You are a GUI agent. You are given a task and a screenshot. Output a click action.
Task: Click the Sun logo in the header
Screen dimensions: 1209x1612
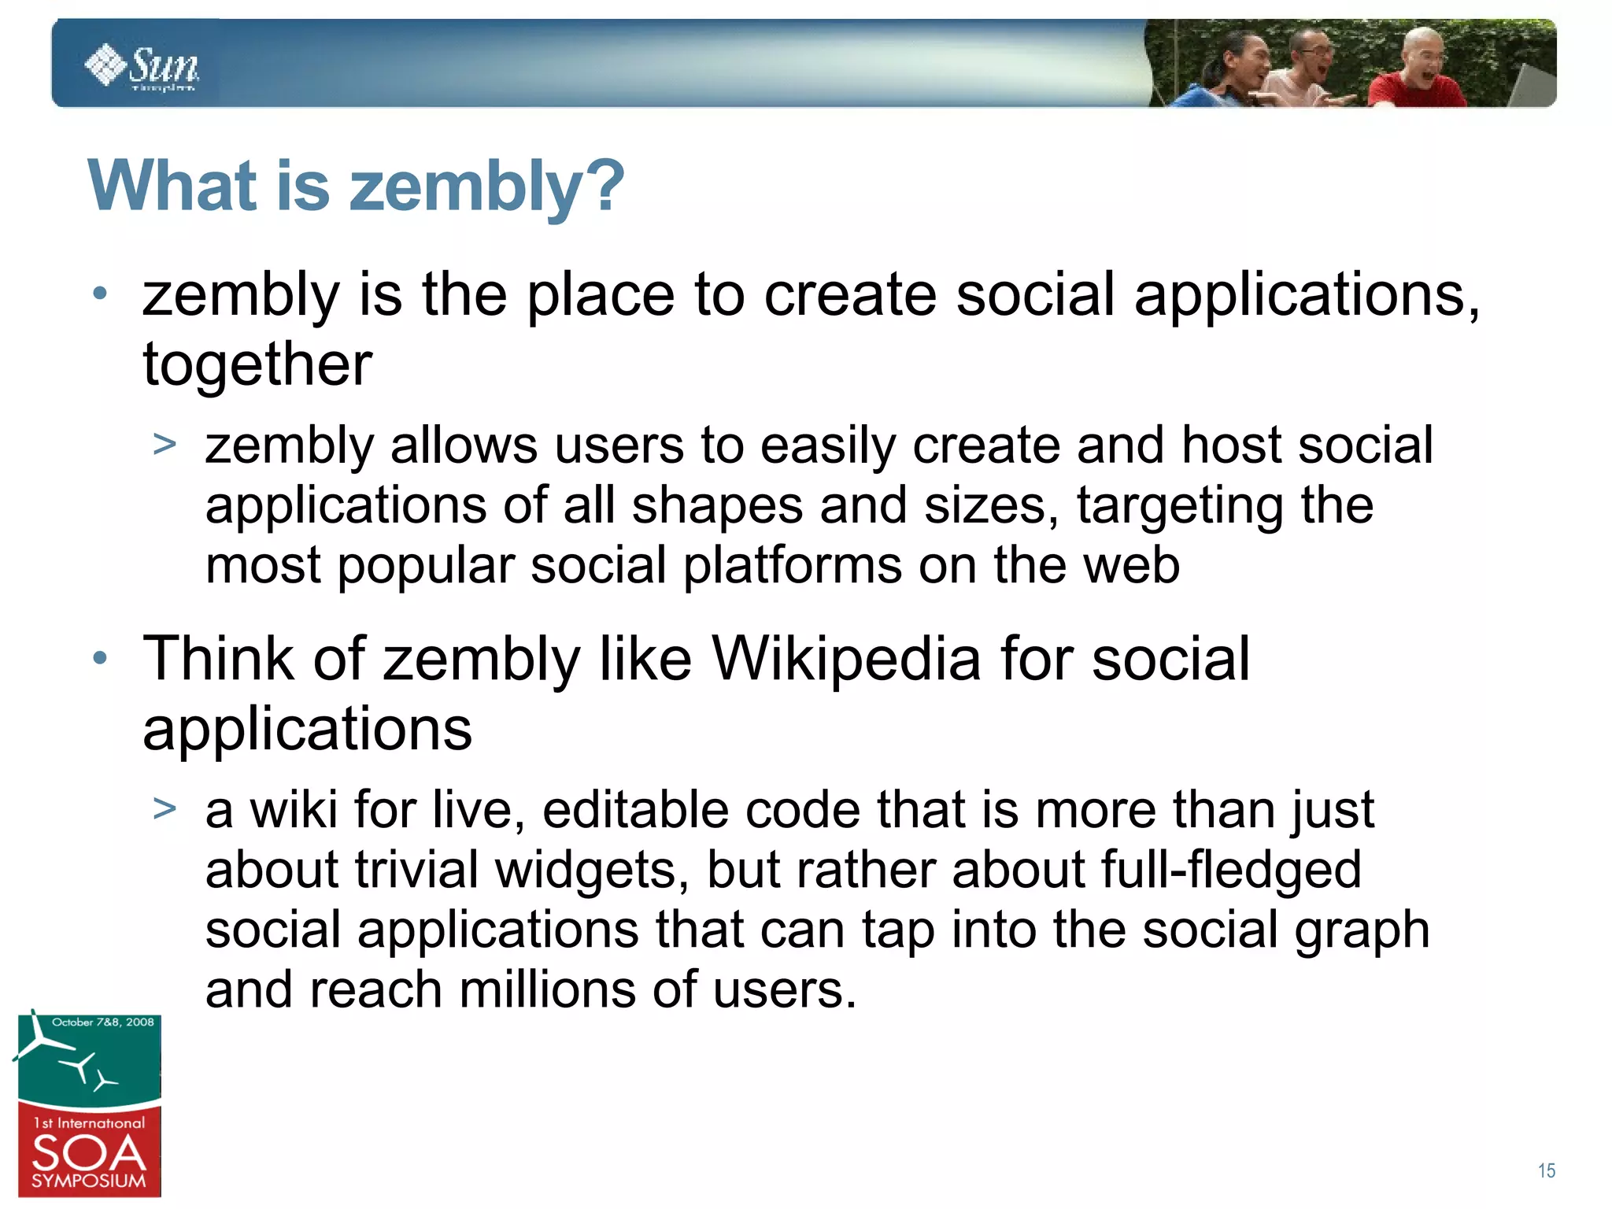142,67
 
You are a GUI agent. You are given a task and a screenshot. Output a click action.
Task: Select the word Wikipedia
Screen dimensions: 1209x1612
845,659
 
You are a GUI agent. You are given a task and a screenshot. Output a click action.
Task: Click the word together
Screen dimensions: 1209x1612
257,365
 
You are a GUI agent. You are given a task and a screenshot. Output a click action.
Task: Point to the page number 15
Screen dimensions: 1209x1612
1546,1170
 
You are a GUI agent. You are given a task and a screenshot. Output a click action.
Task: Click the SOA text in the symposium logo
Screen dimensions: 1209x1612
89,1154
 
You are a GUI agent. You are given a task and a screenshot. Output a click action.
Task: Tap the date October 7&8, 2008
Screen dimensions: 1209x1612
102,1022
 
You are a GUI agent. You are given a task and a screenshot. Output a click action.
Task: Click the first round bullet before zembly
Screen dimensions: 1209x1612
99,294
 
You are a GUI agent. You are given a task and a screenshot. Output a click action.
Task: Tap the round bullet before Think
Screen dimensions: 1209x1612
99,658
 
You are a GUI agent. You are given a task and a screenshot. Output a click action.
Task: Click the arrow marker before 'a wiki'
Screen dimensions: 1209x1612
165,808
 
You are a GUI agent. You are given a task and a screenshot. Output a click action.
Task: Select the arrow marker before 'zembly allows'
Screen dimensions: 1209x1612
165,445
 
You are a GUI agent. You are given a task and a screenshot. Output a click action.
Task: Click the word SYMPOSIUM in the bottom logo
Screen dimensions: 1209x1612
89,1181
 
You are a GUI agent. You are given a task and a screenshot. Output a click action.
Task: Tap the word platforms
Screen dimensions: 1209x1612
791,566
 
